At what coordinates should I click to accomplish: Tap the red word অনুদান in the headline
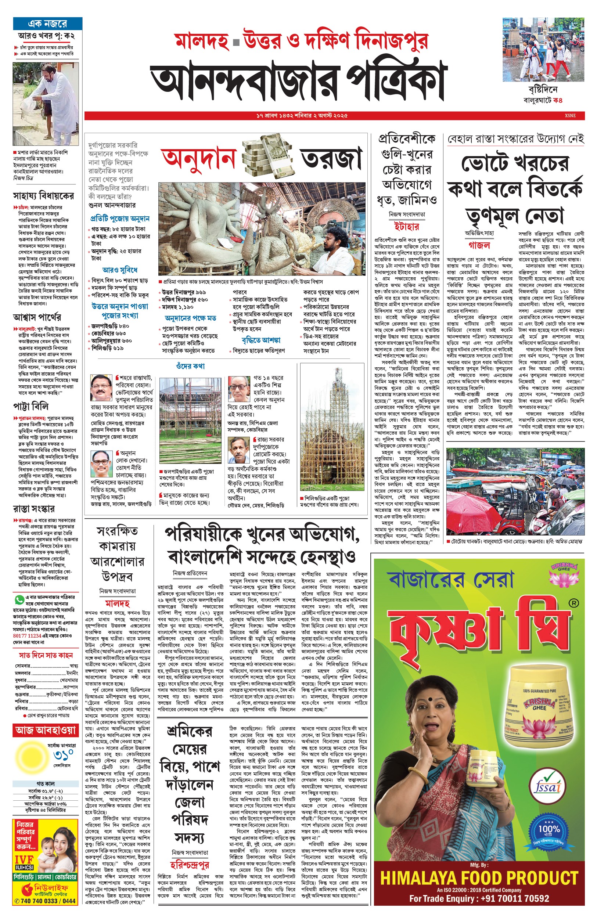tap(198, 158)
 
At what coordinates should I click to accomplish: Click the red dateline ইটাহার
tap(406, 226)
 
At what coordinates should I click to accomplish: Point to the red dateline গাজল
tap(479, 245)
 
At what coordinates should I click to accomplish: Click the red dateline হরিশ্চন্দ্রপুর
tap(190, 865)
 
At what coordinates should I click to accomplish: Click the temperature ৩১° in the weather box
tap(63, 755)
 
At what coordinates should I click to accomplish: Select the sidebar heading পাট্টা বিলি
tap(31, 407)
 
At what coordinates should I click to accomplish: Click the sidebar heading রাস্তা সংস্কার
tap(34, 508)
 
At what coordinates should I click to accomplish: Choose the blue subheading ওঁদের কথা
tap(190, 366)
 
